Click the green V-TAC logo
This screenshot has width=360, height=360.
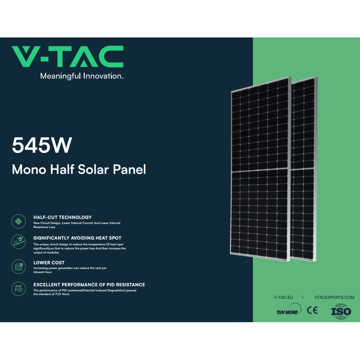68,57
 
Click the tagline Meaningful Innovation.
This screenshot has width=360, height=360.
82,76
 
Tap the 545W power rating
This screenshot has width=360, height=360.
42,145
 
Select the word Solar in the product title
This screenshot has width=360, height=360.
93,170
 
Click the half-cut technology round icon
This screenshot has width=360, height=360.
19,221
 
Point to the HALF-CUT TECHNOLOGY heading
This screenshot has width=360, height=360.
62,217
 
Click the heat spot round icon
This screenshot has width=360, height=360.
19,242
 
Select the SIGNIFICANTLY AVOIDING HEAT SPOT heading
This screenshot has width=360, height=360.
77,238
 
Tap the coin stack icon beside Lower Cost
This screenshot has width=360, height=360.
19,266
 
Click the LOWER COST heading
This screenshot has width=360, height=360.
49,262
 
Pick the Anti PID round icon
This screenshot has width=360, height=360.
19,289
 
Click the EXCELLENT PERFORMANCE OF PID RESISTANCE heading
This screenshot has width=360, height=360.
89,285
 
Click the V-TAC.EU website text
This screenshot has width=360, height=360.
283,297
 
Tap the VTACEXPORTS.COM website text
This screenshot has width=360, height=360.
334,297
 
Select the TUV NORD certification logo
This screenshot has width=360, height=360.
289,309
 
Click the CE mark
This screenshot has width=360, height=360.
312,310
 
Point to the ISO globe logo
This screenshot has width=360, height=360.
341,311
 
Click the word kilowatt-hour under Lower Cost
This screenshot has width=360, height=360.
43,272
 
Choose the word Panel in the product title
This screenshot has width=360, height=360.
129,170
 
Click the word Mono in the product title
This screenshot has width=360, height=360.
29,170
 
